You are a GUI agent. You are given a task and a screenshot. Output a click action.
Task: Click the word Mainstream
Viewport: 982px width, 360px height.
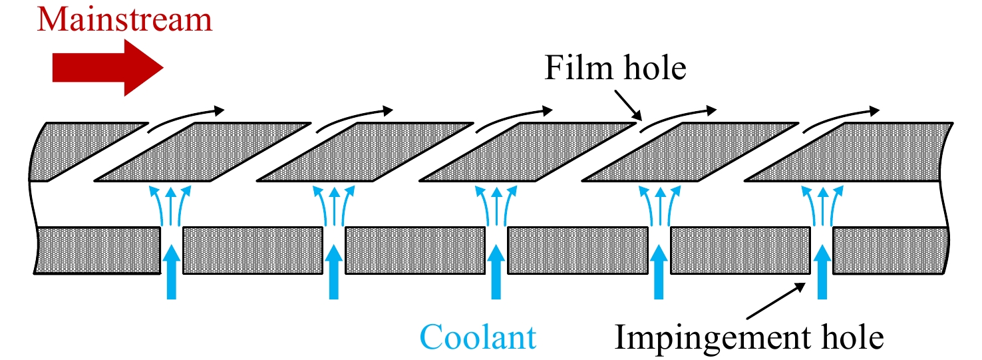tap(124, 20)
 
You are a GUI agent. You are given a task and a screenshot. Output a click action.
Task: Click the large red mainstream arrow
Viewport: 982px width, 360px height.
tap(108, 67)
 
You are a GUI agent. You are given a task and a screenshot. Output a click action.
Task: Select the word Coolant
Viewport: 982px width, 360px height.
tap(478, 337)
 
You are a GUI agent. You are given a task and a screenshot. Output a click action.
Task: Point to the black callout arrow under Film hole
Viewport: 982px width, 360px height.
tap(628, 105)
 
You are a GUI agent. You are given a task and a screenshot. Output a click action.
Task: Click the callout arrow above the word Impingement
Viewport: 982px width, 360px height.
tap(776, 301)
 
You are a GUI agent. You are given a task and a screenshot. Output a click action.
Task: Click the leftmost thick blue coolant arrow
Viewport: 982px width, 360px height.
tap(172, 272)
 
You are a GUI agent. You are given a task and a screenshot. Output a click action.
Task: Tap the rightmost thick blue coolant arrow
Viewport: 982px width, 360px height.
tap(822, 272)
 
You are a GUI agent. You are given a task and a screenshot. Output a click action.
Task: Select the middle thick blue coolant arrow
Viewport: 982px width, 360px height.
tap(496, 272)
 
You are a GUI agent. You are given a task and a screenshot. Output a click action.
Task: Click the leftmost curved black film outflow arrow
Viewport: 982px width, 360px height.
tap(186, 118)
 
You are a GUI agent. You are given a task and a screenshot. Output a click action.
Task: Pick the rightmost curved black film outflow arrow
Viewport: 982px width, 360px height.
tap(841, 118)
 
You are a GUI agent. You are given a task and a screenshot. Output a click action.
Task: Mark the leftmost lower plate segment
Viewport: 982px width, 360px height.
tap(97, 250)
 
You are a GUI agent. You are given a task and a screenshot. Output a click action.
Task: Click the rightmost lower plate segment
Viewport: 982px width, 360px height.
tap(891, 250)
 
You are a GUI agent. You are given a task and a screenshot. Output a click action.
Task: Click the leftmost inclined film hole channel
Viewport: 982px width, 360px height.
tap(120, 152)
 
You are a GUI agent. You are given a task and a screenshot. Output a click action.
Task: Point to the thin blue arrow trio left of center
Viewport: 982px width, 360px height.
tap(334, 205)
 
